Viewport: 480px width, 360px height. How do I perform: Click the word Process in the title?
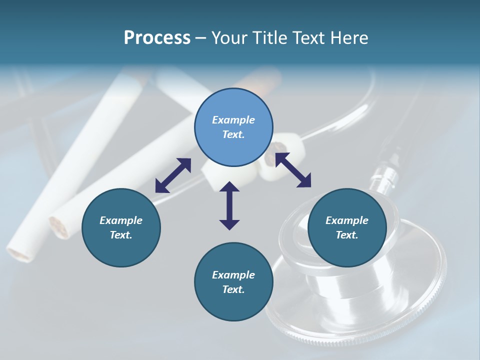[x=157, y=38]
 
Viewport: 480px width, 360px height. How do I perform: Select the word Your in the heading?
[x=229, y=38]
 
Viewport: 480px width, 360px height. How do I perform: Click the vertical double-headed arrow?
[x=229, y=205]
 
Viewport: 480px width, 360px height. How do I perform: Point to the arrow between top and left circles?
[x=173, y=175]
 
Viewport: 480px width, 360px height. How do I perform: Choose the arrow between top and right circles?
[x=293, y=170]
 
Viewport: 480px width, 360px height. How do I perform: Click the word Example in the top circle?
[x=233, y=120]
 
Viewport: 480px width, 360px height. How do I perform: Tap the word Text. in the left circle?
[x=121, y=235]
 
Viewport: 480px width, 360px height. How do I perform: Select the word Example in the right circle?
[x=347, y=220]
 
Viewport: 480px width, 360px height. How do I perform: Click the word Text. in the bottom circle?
[x=233, y=289]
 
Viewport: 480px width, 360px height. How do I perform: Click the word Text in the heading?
[x=306, y=38]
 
